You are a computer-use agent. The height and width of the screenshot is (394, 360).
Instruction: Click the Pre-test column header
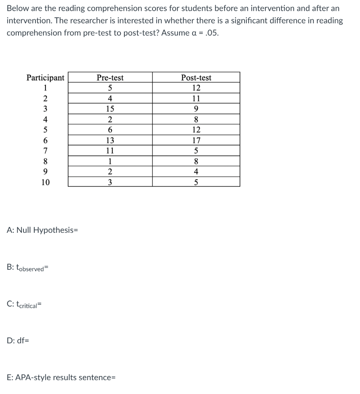click(x=110, y=78)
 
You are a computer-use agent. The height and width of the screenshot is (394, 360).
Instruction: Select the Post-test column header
click(x=196, y=78)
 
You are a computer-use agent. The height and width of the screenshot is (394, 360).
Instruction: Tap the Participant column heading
click(x=45, y=78)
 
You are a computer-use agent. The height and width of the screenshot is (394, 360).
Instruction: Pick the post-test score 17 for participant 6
click(x=196, y=140)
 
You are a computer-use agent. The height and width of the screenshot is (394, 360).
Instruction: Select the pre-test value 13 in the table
click(x=110, y=140)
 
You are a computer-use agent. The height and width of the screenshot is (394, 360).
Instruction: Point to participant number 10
click(x=45, y=182)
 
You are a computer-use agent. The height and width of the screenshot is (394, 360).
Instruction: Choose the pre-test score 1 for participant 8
click(x=110, y=162)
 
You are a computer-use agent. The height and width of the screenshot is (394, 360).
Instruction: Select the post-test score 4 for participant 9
click(x=196, y=172)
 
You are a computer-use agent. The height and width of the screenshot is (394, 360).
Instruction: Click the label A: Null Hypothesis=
click(x=42, y=230)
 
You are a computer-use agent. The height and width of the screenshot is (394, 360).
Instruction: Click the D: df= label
click(x=18, y=340)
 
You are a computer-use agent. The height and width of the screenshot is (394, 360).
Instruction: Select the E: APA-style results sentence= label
click(x=61, y=377)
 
